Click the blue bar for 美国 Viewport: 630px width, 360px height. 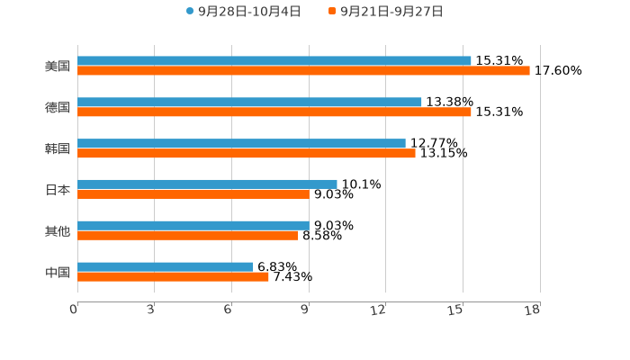(x=274, y=60)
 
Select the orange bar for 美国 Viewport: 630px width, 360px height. (x=303, y=70)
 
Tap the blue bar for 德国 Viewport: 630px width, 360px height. (x=249, y=102)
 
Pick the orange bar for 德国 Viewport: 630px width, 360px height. (x=274, y=112)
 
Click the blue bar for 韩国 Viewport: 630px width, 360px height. (x=241, y=143)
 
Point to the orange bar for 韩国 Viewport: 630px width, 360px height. (x=247, y=153)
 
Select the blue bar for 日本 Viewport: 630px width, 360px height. (x=207, y=184)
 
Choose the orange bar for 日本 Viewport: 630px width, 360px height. (x=193, y=193)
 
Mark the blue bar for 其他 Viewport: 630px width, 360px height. (x=193, y=225)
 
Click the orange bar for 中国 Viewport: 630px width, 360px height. (x=173, y=276)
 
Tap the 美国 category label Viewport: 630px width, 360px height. (x=58, y=66)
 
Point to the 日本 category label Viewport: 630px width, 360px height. (x=58, y=189)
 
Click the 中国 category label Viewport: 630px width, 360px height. (x=58, y=272)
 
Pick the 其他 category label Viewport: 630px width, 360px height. (x=58, y=230)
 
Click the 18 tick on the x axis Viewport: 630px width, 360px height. (x=533, y=310)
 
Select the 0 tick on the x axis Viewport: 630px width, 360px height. (x=74, y=310)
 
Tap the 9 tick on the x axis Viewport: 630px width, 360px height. (x=306, y=310)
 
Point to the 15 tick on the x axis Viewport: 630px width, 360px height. (x=456, y=310)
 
